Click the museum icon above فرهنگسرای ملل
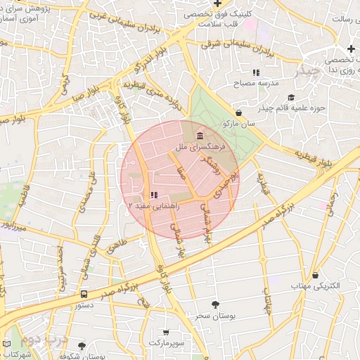tap(201, 135)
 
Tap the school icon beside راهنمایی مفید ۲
tap(154, 195)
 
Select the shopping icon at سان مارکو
tap(239, 112)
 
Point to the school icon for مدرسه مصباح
tap(257, 72)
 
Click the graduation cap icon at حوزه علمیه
tap(291, 97)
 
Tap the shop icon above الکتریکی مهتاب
tap(316, 275)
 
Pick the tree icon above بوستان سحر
tap(215, 304)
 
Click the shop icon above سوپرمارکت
tap(166, 332)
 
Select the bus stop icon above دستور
tap(84, 295)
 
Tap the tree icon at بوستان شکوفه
tap(82, 346)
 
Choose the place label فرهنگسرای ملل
tap(200, 148)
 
